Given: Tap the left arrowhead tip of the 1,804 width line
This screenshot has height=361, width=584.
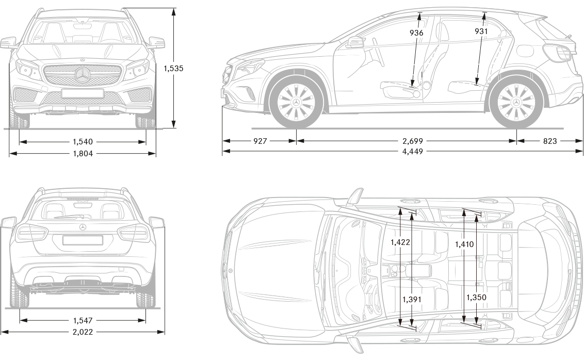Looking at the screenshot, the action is pyautogui.click(x=9, y=153).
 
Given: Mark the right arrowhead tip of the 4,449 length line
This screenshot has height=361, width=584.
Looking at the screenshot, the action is pyautogui.click(x=582, y=151).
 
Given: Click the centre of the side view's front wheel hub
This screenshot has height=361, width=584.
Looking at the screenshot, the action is pyautogui.click(x=297, y=102).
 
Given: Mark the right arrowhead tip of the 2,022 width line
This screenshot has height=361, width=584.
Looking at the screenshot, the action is pyautogui.click(x=165, y=332).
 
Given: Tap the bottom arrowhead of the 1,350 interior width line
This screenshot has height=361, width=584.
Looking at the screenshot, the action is pyautogui.click(x=476, y=323).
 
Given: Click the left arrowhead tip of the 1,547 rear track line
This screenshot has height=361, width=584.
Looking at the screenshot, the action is pyautogui.click(x=20, y=320).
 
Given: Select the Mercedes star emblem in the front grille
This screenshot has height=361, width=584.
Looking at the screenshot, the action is pyautogui.click(x=83, y=75).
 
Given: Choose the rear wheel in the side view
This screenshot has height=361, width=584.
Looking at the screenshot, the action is pyautogui.click(x=516, y=102).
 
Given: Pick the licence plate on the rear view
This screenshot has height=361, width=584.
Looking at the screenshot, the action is pyautogui.click(x=83, y=240).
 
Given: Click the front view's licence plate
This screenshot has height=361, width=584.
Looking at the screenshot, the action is pyautogui.click(x=83, y=93).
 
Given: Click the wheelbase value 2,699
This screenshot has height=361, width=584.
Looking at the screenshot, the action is pyautogui.click(x=413, y=141).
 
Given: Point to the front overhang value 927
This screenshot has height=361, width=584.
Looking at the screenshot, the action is pyautogui.click(x=260, y=141).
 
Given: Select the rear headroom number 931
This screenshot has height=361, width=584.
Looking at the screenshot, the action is pyautogui.click(x=481, y=31).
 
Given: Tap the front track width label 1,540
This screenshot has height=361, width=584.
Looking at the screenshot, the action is pyautogui.click(x=83, y=141).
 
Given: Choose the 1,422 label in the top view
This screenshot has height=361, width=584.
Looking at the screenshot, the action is pyautogui.click(x=400, y=242).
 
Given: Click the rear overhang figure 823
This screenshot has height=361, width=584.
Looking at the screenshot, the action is pyautogui.click(x=550, y=141).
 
